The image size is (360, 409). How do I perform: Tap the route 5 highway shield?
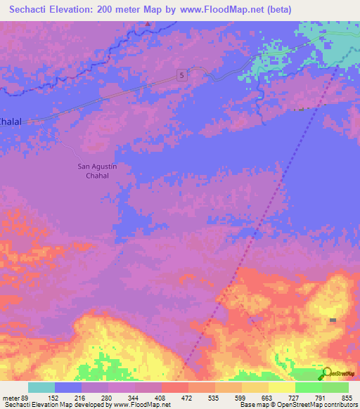181,75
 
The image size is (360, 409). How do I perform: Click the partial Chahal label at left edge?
11,121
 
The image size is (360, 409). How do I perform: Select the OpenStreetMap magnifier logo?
326,373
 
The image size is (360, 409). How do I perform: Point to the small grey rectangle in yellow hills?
333,320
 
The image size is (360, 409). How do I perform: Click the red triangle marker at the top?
148,24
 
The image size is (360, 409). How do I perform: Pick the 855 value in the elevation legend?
347,397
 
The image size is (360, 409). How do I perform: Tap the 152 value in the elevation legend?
53,397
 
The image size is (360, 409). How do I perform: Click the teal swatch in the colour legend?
41,387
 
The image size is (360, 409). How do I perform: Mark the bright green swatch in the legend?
308,387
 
